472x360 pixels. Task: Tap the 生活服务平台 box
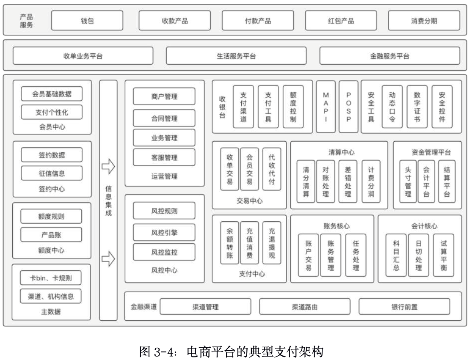tap(236, 56)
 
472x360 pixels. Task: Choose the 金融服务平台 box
tap(389, 56)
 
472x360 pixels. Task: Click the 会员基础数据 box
tap(52, 94)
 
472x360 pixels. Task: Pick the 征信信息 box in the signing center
tap(52, 173)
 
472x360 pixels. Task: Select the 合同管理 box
tap(164, 118)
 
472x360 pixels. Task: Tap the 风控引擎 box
tap(164, 232)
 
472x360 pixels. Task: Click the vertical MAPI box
tap(326, 107)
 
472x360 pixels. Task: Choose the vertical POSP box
tap(348, 107)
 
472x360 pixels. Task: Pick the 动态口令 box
tap(392, 107)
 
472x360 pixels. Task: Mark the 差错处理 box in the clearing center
tap(348, 181)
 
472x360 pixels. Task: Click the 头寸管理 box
tap(408, 181)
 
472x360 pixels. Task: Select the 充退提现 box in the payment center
tap(271, 243)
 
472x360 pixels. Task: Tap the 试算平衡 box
tap(443, 255)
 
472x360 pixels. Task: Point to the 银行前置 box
tap(404, 307)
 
